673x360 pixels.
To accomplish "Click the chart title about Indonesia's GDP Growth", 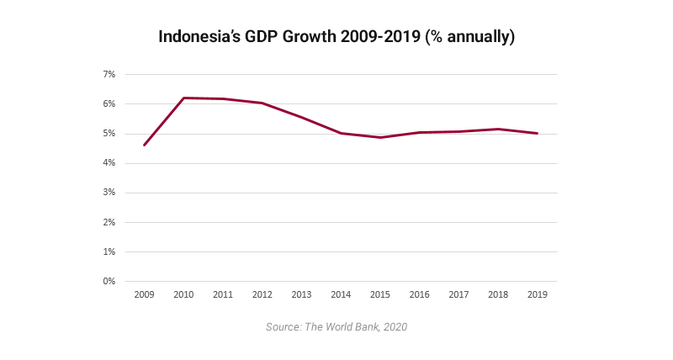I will (x=336, y=38).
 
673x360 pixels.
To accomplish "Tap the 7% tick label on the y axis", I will (x=109, y=75).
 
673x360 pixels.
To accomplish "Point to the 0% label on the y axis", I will (x=109, y=281).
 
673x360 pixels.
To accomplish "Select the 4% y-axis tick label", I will (x=109, y=163).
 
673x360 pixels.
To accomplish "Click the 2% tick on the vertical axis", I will (x=109, y=222).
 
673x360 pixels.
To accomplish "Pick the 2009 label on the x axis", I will (x=145, y=295).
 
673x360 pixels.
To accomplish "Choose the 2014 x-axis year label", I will (x=341, y=295).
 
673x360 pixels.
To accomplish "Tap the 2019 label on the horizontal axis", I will (x=538, y=295).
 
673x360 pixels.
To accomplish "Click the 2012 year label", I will (x=262, y=295).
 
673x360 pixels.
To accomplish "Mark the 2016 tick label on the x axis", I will (x=420, y=295).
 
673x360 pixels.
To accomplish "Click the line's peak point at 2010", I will (x=184, y=98).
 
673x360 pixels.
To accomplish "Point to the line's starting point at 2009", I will (x=145, y=145).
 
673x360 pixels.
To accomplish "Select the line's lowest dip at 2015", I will (x=380, y=137).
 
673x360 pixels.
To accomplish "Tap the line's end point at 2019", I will (x=538, y=133).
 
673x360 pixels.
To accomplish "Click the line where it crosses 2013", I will (x=302, y=118).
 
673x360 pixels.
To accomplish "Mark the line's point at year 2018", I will (x=498, y=129).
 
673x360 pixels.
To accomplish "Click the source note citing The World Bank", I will (x=336, y=326).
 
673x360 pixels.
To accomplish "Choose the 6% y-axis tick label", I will (x=109, y=104).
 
